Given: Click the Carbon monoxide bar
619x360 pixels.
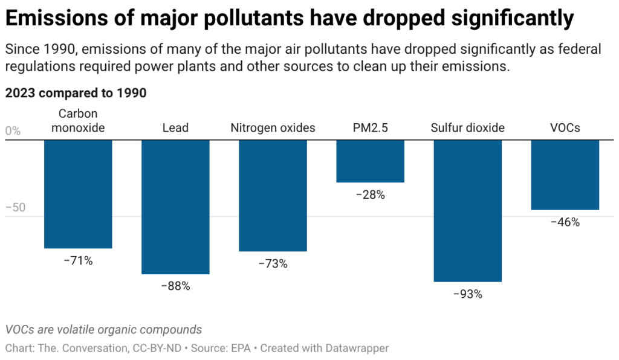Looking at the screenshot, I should pyautogui.click(x=78, y=194).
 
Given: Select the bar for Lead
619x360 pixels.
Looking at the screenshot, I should pyautogui.click(x=175, y=207).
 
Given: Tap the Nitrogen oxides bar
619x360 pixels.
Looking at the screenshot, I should pyautogui.click(x=273, y=196).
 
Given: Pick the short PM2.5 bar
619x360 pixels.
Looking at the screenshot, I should pyautogui.click(x=370, y=161).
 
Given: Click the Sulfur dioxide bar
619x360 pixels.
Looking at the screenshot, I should pyautogui.click(x=467, y=211).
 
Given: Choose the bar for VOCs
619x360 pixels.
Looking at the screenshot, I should pyautogui.click(x=565, y=175).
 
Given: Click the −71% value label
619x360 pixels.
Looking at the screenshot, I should pyautogui.click(x=78, y=261).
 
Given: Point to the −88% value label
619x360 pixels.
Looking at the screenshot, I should pyautogui.click(x=175, y=286).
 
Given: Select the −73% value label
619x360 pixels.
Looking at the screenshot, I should pyautogui.click(x=273, y=264).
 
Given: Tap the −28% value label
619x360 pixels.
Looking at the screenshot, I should pyautogui.click(x=370, y=195).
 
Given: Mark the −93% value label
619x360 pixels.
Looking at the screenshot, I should pyautogui.click(x=467, y=295).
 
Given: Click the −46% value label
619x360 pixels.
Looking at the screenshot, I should pyautogui.click(x=565, y=222).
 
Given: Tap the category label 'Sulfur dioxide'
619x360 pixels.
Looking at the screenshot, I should pyautogui.click(x=467, y=128).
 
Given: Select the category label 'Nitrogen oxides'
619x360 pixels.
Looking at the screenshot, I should pyautogui.click(x=273, y=128).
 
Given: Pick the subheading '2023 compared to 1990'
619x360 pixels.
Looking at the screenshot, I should pyautogui.click(x=76, y=94).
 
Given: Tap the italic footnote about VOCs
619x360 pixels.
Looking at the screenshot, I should pyautogui.click(x=103, y=330).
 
